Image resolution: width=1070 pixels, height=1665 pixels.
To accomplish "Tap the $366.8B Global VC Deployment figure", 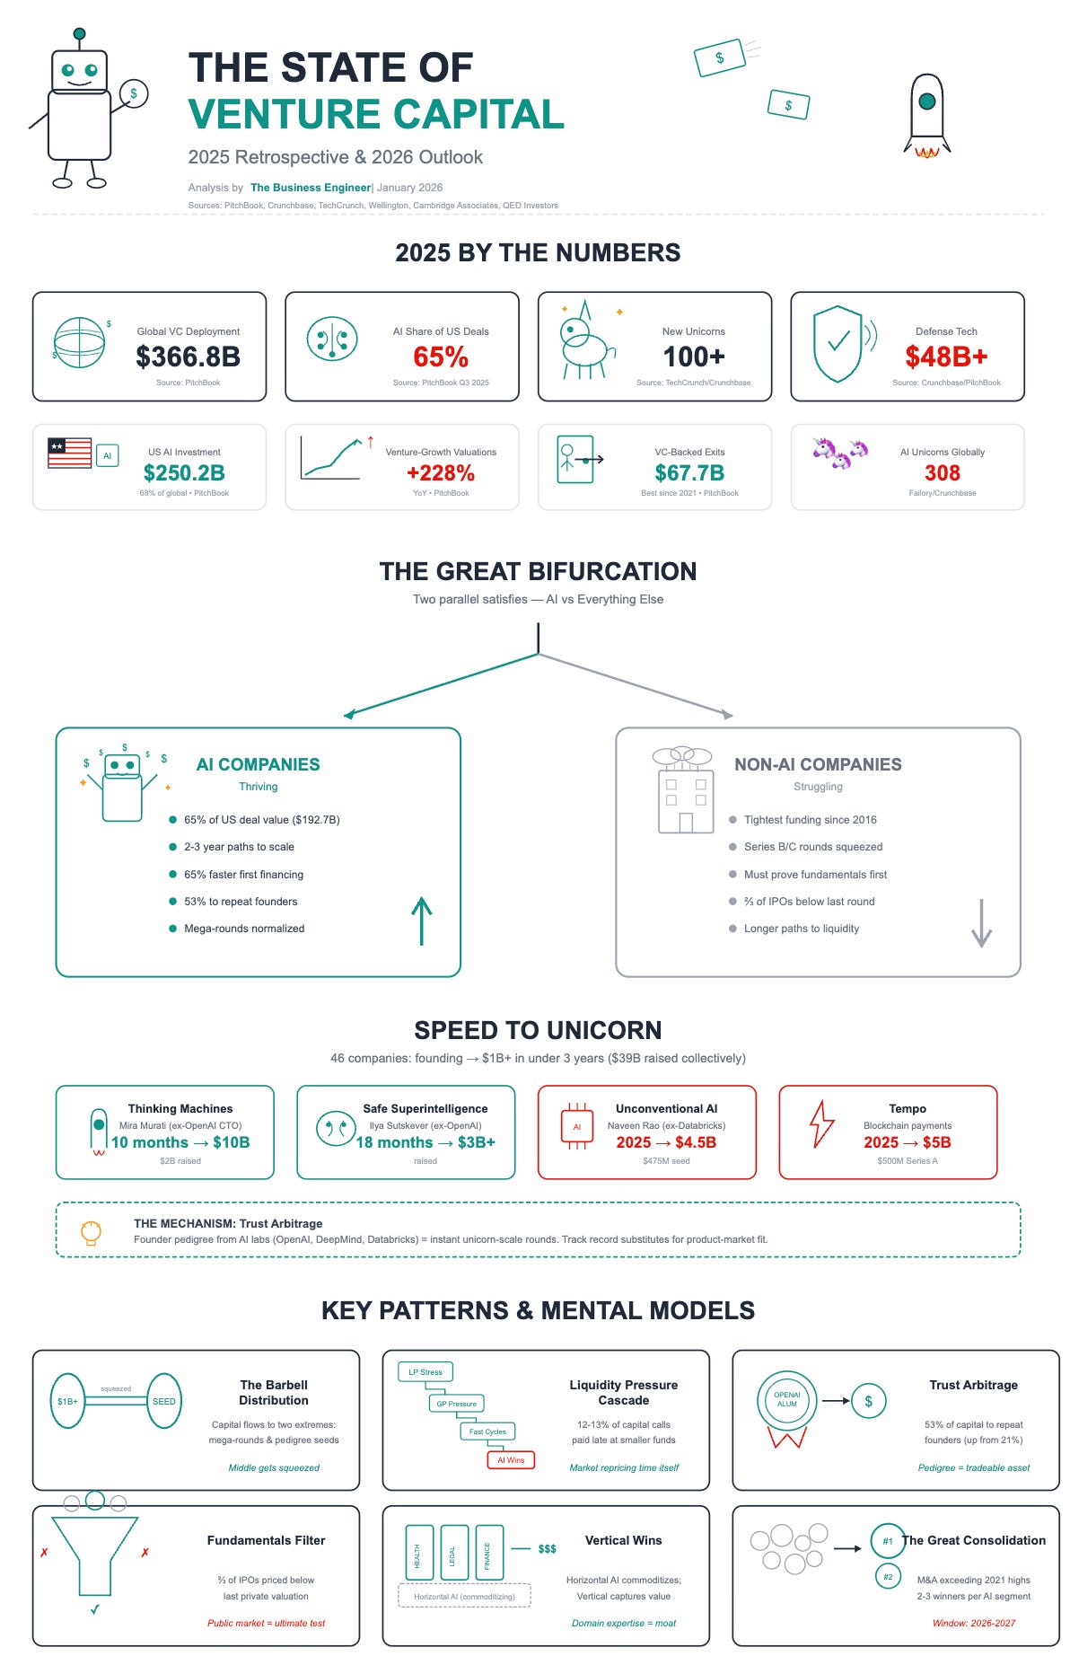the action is (188, 357).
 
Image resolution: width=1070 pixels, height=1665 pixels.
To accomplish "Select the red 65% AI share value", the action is (441, 357).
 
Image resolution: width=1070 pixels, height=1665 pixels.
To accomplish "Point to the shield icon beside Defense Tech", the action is (837, 344).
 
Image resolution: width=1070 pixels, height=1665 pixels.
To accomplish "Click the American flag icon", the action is (70, 454).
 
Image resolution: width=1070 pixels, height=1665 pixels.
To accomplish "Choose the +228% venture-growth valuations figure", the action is (441, 473).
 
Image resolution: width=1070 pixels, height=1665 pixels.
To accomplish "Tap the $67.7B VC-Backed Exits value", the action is (689, 473).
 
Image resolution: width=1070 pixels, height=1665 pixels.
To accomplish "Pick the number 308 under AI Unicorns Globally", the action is (943, 473).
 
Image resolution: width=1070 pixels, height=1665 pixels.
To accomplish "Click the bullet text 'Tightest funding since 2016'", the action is (810, 820).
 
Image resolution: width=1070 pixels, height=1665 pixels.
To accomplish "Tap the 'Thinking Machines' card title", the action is (180, 1109).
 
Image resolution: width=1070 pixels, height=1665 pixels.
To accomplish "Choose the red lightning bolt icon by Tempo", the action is (821, 1124).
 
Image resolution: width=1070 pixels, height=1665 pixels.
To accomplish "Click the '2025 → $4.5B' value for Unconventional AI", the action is (666, 1142).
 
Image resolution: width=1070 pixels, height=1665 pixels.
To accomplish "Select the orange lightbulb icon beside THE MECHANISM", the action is (90, 1231).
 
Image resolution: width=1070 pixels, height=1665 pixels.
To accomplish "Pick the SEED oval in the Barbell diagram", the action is (164, 1401).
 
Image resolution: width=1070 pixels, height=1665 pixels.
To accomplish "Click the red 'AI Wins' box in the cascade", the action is (511, 1460).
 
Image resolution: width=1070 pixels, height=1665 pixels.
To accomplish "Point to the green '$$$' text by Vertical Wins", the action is (547, 1548).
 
